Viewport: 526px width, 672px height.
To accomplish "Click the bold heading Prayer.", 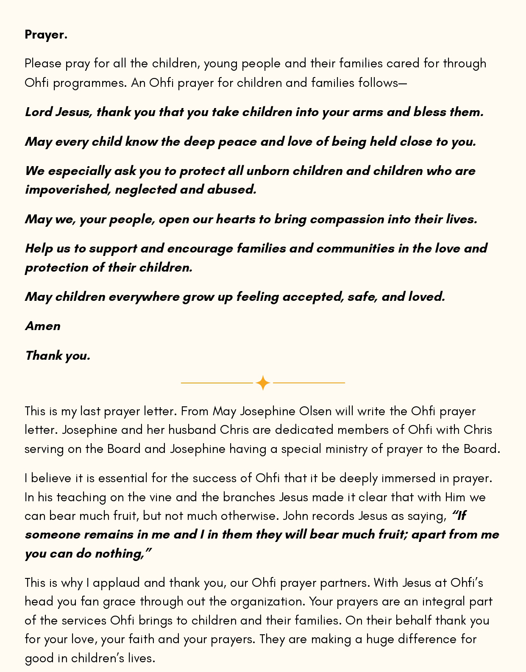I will [x=46, y=34].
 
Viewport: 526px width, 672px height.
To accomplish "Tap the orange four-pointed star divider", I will [x=263, y=383].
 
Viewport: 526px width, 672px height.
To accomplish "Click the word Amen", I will [x=43, y=326].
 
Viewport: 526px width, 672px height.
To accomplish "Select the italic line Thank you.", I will [x=58, y=355].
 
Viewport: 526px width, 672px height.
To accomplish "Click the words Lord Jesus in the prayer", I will [x=58, y=112].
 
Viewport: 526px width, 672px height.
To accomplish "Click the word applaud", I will [x=117, y=583].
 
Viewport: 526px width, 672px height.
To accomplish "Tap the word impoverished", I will [x=68, y=189].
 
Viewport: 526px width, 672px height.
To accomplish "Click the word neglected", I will [x=145, y=189].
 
